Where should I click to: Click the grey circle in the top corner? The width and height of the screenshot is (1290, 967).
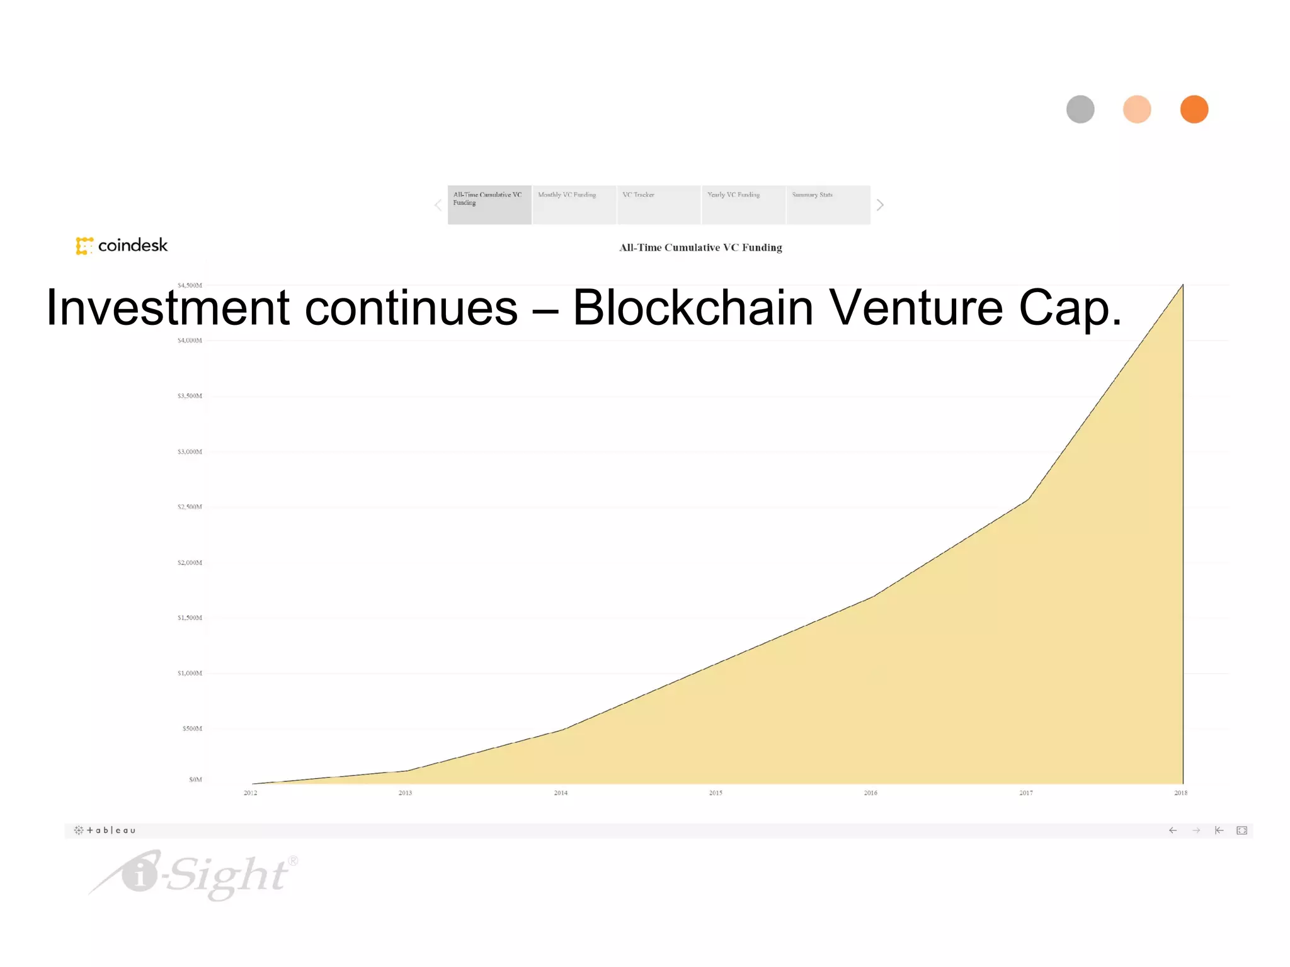1080,110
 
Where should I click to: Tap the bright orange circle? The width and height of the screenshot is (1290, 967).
1194,110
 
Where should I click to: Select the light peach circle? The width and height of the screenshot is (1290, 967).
1137,110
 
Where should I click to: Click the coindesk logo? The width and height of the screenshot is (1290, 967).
122,246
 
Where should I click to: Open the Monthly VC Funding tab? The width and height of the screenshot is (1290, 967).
574,205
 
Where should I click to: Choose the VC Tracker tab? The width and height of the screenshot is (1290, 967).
659,205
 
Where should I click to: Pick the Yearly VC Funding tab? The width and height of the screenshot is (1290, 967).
743,205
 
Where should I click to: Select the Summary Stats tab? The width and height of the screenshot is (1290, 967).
828,205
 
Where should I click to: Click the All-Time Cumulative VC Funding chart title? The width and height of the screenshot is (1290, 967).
700,247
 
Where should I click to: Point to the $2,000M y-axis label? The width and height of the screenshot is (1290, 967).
190,563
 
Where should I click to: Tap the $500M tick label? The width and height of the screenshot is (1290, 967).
192,728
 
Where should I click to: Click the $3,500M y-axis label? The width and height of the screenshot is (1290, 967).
190,396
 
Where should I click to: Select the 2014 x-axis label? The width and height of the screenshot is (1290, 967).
561,793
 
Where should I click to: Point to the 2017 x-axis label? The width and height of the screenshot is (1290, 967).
1026,793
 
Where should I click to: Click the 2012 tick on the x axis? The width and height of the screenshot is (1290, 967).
251,793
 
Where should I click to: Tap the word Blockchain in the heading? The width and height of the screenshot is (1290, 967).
693,308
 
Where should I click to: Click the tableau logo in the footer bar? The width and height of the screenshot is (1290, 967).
105,830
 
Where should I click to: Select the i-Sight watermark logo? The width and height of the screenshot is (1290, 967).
195,874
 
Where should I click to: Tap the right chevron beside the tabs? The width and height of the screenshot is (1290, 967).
880,205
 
